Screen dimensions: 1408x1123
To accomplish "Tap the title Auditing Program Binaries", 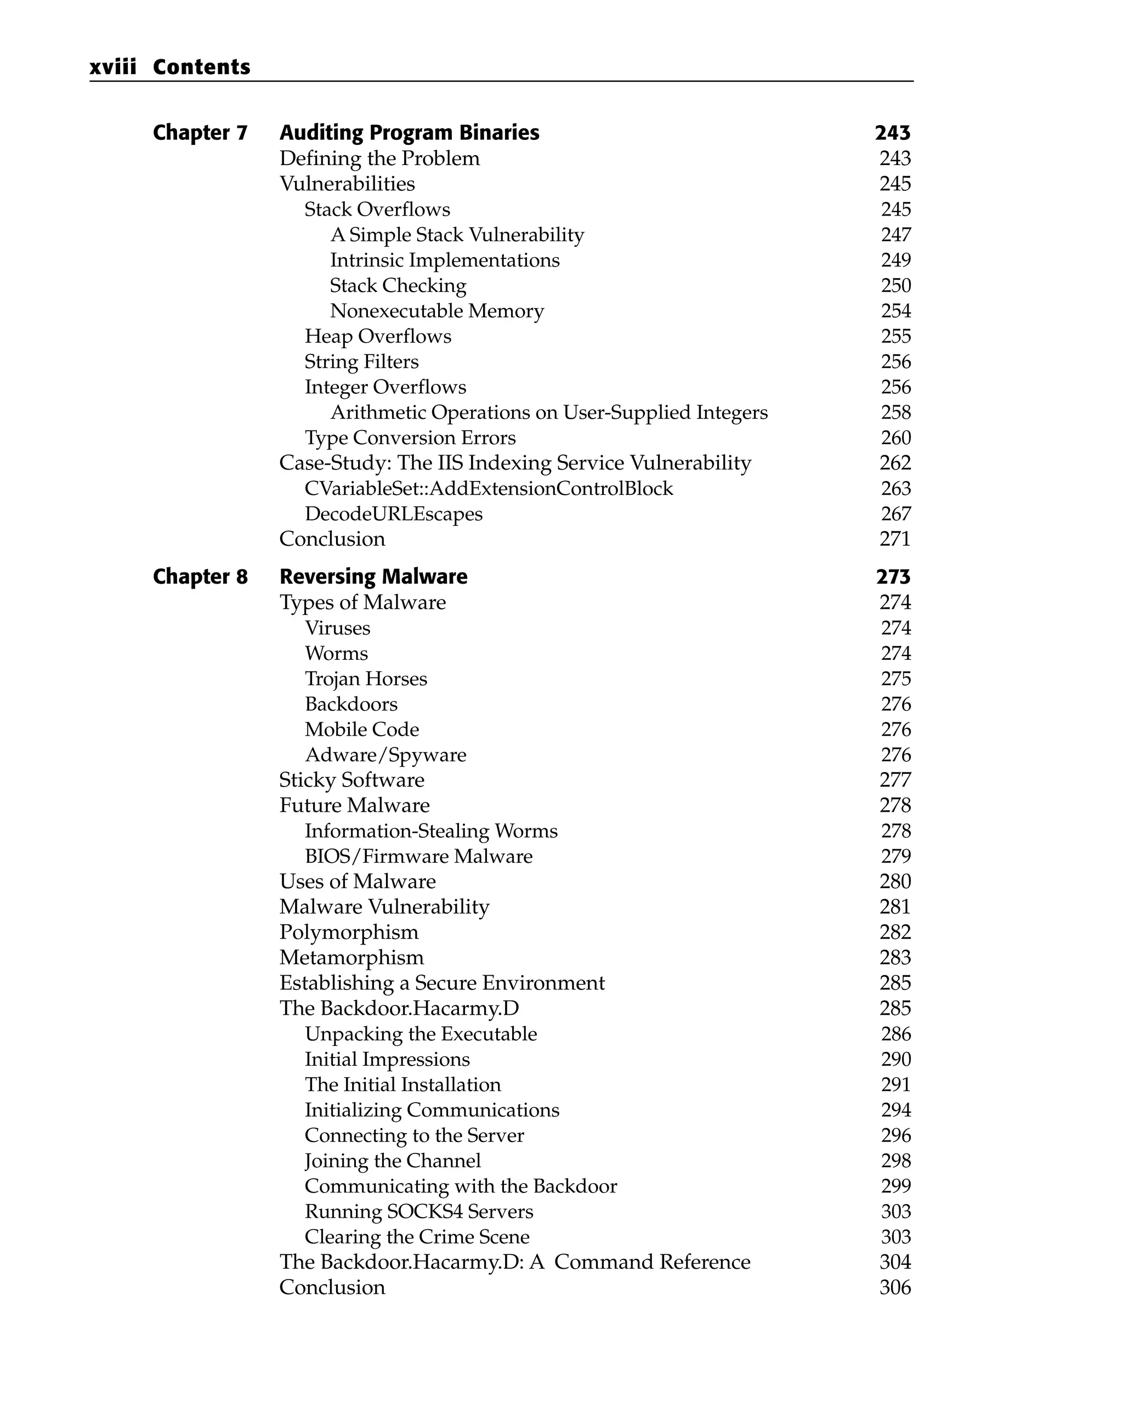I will click(x=410, y=133).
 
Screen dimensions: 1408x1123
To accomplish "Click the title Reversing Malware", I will click(x=373, y=576).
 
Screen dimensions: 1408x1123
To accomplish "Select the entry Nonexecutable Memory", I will click(x=437, y=311).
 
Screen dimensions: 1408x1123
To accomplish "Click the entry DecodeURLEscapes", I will click(x=394, y=514).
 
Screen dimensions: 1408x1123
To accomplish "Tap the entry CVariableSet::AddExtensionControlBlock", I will click(x=489, y=489).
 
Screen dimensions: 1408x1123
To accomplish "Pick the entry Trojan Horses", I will click(x=366, y=678).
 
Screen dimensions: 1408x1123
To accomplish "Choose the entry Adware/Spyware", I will click(x=385, y=755).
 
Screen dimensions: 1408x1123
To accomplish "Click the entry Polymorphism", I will click(x=349, y=932).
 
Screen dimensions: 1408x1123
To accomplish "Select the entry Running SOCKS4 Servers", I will click(x=418, y=1212).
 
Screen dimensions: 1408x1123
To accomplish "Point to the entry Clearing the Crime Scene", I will click(x=417, y=1237).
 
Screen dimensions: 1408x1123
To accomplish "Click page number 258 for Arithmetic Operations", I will click(x=895, y=412).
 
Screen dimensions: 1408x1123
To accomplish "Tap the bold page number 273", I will click(x=893, y=576).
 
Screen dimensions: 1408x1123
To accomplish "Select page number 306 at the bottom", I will click(x=894, y=1288).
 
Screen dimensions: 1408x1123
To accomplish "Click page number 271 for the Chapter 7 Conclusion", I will click(x=894, y=539).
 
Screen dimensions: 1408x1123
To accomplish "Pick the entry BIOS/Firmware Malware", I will click(x=418, y=856).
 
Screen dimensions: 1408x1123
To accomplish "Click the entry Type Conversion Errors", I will click(x=410, y=438).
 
